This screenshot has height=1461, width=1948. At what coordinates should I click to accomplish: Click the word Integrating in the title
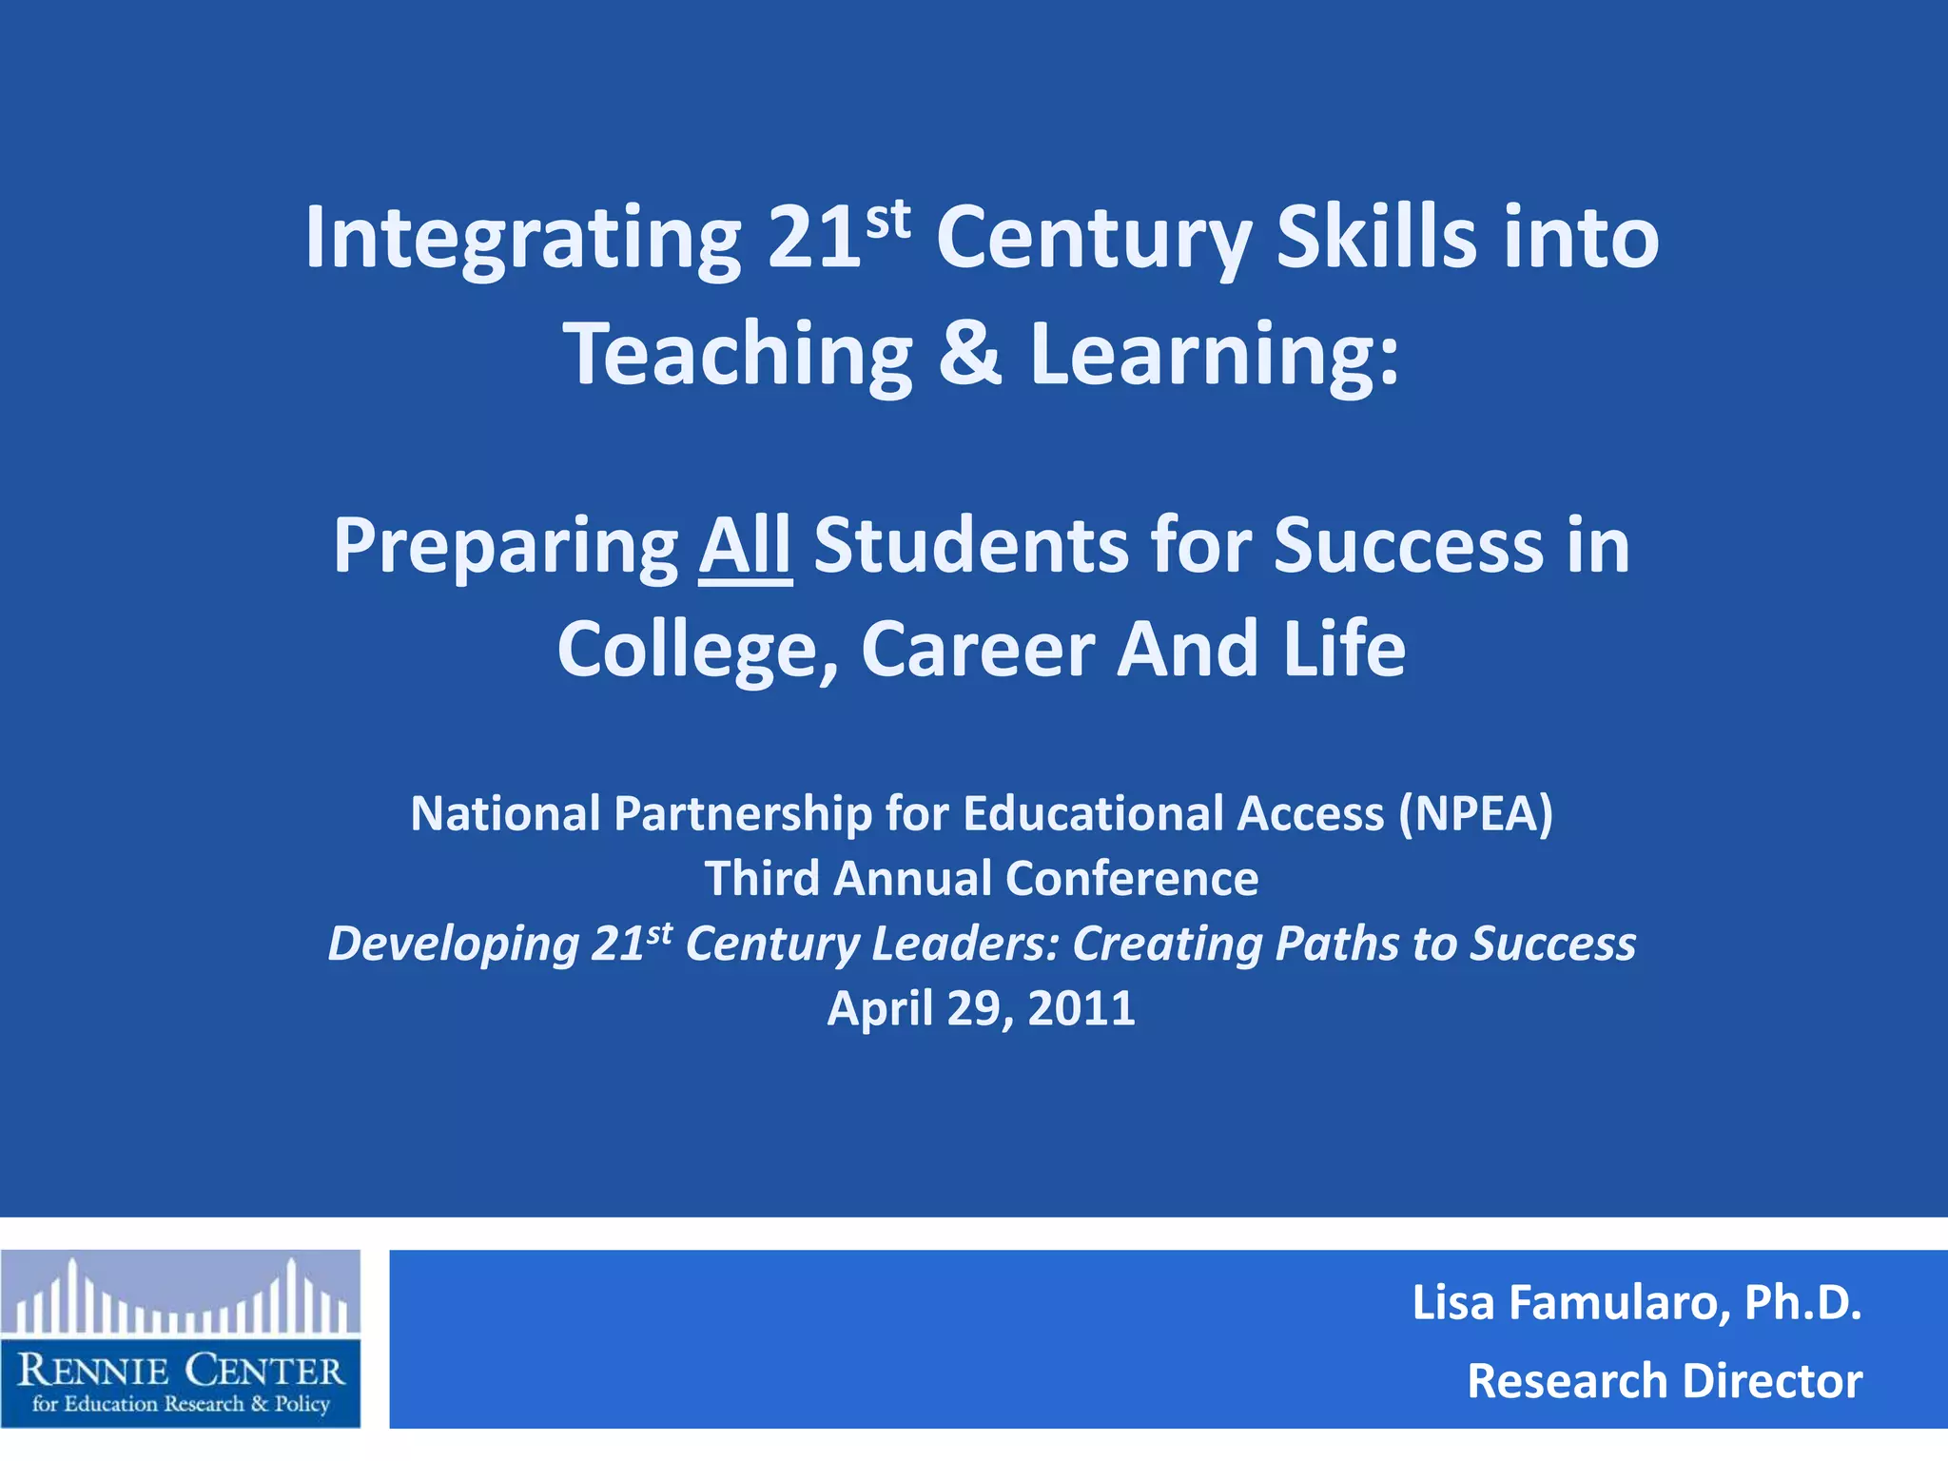click(521, 238)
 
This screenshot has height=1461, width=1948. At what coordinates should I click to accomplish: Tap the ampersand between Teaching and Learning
click(969, 353)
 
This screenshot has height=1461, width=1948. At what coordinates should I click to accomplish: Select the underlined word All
click(745, 546)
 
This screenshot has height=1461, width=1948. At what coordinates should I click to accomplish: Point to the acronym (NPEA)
click(1475, 814)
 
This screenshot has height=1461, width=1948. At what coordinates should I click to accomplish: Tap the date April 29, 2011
click(981, 1008)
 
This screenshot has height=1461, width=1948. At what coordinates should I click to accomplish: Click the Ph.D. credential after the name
click(1802, 1303)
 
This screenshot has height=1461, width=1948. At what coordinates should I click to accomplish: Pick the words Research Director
click(1665, 1381)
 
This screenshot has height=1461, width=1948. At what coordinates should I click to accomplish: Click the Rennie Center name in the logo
click(181, 1371)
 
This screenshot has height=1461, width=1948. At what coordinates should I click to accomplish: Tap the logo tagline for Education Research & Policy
click(181, 1404)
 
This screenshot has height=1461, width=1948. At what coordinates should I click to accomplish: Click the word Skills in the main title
click(1376, 238)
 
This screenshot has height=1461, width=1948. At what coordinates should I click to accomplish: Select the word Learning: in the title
click(1215, 353)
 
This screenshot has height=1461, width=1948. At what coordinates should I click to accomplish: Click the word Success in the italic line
click(1553, 944)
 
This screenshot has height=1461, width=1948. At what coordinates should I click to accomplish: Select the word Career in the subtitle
click(978, 650)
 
